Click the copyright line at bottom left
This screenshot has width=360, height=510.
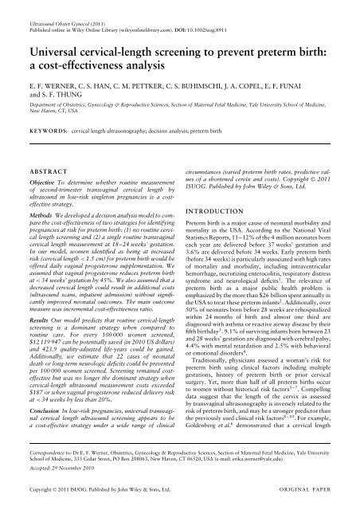pos(99,503)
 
